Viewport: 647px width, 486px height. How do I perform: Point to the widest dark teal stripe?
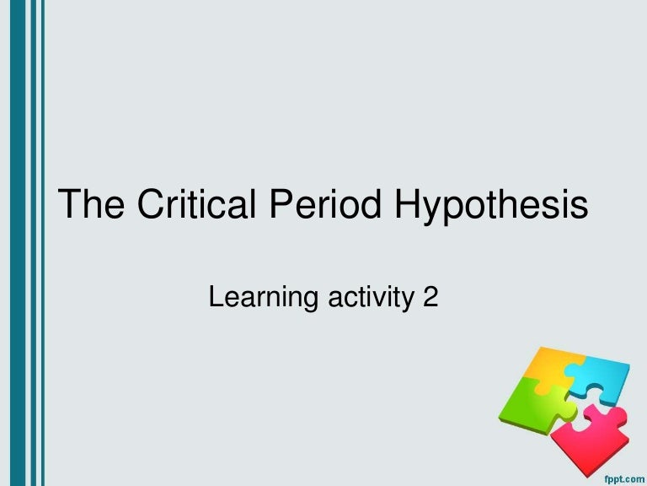coord(9,243)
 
